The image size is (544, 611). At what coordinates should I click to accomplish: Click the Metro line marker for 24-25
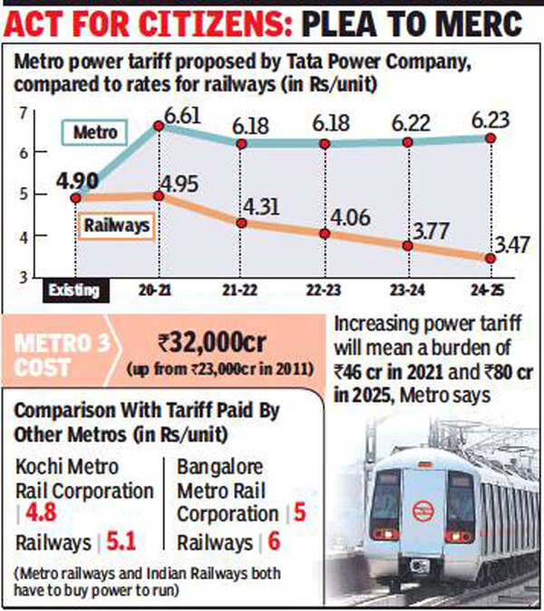click(x=490, y=138)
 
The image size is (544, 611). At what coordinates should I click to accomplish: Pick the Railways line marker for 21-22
click(x=240, y=222)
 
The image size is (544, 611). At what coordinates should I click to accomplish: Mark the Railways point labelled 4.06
click(x=324, y=233)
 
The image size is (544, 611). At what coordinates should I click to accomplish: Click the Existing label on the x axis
click(x=76, y=290)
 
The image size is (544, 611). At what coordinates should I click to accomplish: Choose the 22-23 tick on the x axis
click(x=324, y=290)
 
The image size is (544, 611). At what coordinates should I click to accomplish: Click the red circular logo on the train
click(x=423, y=510)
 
